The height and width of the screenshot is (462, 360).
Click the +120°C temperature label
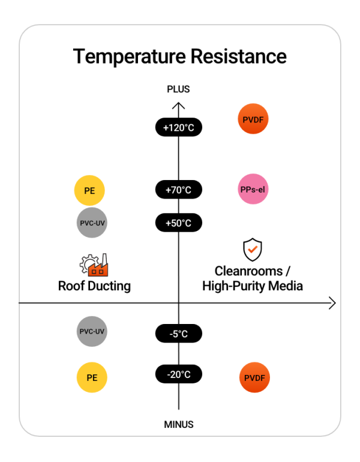(179, 127)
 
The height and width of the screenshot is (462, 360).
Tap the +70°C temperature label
(179, 190)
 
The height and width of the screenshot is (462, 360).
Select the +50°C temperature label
(179, 223)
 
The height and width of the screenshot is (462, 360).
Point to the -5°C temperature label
(179, 334)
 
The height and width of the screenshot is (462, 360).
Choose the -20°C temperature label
(179, 374)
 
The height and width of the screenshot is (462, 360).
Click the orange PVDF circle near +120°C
(253, 119)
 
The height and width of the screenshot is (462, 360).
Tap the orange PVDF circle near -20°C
(254, 377)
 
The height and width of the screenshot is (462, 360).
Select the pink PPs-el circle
(253, 189)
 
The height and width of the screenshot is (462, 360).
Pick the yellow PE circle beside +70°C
(89, 190)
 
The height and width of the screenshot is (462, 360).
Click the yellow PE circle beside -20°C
(92, 377)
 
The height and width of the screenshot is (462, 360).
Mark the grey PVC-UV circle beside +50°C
(92, 223)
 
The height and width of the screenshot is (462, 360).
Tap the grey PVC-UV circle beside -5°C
(92, 331)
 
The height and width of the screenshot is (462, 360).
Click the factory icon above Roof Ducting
(94, 265)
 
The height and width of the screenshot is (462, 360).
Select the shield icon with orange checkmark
(253, 250)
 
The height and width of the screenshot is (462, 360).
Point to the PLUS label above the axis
(178, 89)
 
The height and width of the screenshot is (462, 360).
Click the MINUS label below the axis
(179, 424)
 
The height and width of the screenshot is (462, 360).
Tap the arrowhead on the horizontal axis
(332, 303)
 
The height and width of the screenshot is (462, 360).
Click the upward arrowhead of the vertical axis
(179, 105)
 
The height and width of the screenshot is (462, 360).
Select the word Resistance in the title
(239, 56)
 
